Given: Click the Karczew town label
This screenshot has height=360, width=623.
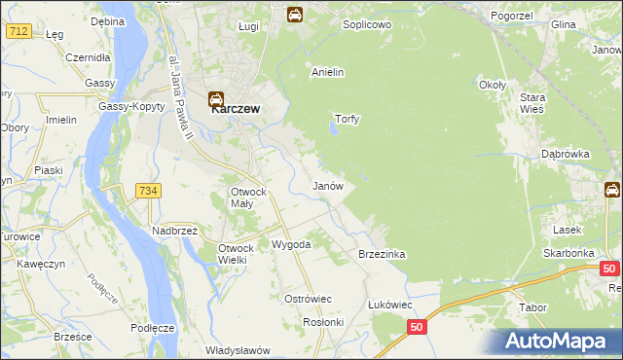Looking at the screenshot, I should click(236, 110).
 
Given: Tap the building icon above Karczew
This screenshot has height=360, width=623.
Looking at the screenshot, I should click(217, 98).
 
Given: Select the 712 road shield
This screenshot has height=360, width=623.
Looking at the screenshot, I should click(18, 32).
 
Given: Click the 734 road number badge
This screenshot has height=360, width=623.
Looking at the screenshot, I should click(148, 191).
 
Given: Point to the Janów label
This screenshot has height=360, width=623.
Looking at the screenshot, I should click(327, 185).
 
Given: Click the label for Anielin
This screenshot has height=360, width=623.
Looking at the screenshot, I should click(328, 72).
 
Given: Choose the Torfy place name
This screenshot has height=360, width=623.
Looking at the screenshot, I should click(348, 120).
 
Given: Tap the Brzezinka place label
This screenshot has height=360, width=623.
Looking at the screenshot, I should click(382, 254).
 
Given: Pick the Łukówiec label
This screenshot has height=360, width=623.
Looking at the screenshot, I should click(389, 304).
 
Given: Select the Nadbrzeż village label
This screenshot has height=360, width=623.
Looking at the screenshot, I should click(174, 232).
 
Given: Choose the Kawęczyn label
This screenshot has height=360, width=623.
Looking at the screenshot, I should click(40, 263).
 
